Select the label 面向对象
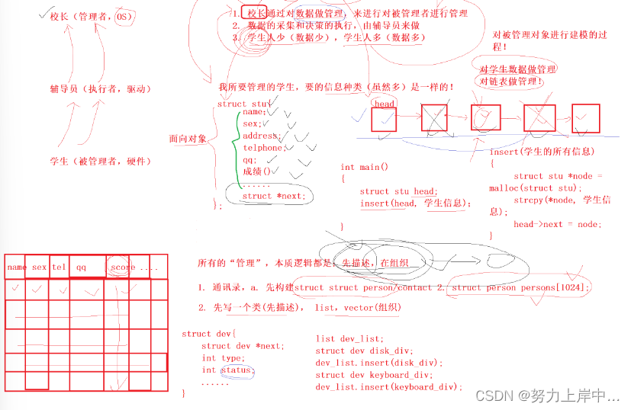(188, 139)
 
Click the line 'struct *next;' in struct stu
(273, 196)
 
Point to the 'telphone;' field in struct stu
(263, 148)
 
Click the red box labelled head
(384, 120)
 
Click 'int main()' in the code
(364, 167)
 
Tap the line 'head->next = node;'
(557, 224)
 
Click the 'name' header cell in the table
(16, 267)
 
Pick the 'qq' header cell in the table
(81, 267)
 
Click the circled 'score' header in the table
(122, 267)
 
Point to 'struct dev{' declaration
(209, 334)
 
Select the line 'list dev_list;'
(349, 338)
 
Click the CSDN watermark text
(548, 396)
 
